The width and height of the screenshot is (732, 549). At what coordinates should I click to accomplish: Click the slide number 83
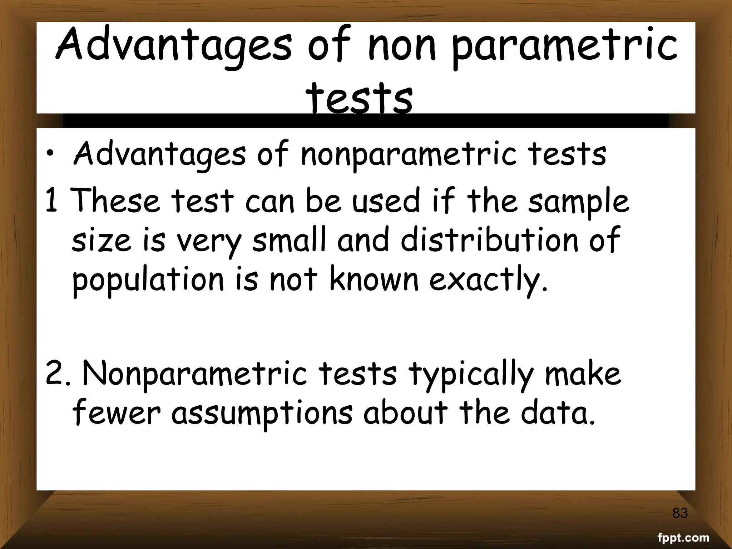(x=680, y=513)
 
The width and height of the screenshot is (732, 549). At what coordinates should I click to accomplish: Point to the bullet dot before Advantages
(x=52, y=154)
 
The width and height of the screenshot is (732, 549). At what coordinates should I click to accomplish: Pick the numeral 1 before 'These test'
(x=51, y=201)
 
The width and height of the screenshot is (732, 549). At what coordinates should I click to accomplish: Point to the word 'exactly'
(x=488, y=281)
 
